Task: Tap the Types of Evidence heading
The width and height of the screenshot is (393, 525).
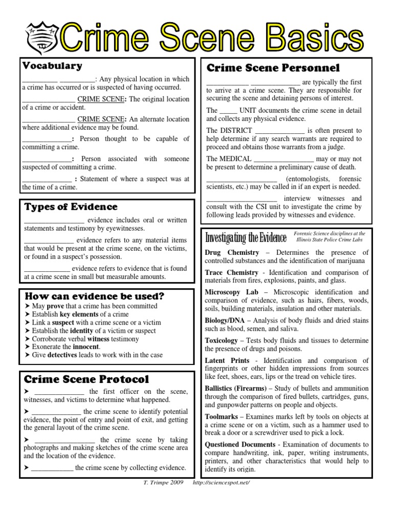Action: click(71, 207)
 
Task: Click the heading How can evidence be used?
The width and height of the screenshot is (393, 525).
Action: click(94, 296)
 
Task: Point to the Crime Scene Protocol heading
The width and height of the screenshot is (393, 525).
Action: click(86, 379)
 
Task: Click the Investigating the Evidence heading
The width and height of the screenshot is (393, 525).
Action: click(246, 237)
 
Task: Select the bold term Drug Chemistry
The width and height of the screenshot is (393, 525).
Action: click(232, 253)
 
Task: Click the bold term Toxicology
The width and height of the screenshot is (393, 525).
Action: click(221, 340)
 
